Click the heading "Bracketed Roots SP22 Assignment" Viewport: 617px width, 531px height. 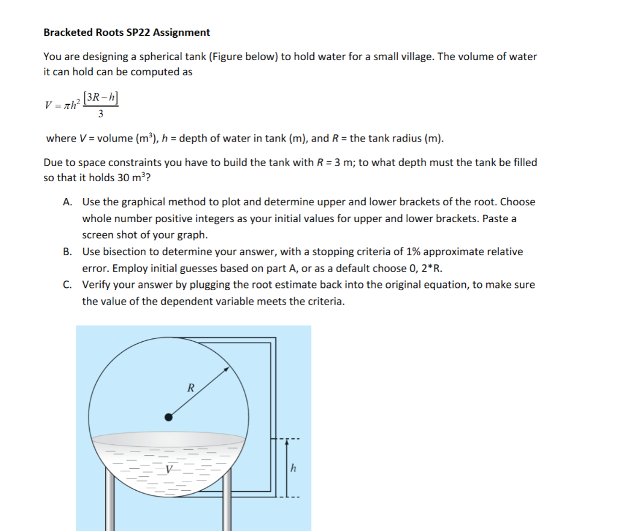click(127, 33)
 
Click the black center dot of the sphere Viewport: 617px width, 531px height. click(169, 416)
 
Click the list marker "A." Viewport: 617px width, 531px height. click(68, 202)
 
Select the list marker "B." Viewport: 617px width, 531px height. click(68, 252)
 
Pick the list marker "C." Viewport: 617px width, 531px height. click(68, 285)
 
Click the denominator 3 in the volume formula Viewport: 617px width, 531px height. click(100, 113)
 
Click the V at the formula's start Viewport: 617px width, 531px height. click(48, 105)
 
